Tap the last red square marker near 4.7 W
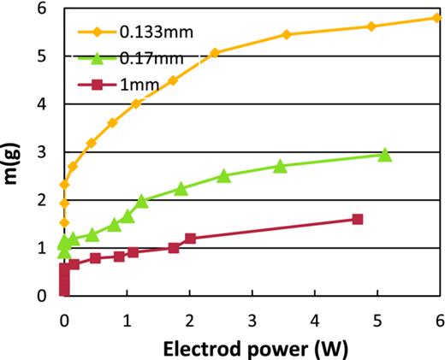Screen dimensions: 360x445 [x=358, y=220]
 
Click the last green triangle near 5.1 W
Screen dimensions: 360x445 [x=385, y=155]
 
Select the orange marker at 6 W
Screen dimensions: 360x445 [x=438, y=18]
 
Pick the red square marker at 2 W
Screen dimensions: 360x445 [x=190, y=239]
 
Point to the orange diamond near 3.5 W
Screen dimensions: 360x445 [x=287, y=35]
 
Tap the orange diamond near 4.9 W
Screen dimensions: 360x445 [x=371, y=27]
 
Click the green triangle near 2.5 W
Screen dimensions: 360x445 [x=223, y=175]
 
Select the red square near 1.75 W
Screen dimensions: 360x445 [x=174, y=248]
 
